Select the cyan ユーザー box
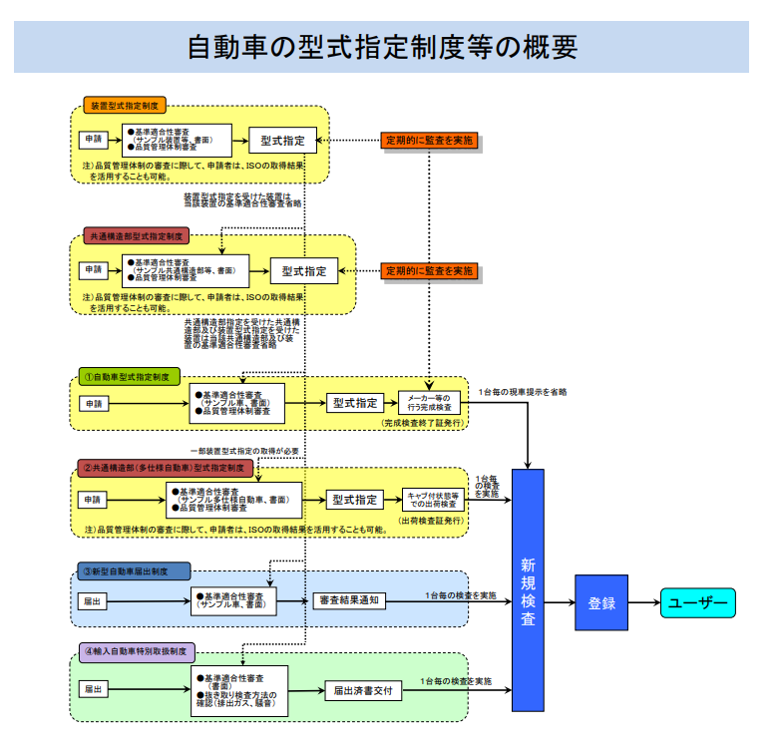click(x=696, y=602)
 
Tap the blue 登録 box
click(x=600, y=602)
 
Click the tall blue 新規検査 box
click(x=528, y=589)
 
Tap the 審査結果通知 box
click(x=347, y=600)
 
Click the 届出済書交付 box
click(x=363, y=689)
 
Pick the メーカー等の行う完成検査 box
click(x=430, y=403)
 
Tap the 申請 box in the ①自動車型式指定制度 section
click(x=93, y=403)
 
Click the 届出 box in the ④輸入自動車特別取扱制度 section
click(x=93, y=688)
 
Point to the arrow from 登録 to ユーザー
click(x=643, y=602)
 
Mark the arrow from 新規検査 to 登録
click(x=559, y=602)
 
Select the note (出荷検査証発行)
click(x=432, y=521)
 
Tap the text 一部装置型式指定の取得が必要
click(x=244, y=451)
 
